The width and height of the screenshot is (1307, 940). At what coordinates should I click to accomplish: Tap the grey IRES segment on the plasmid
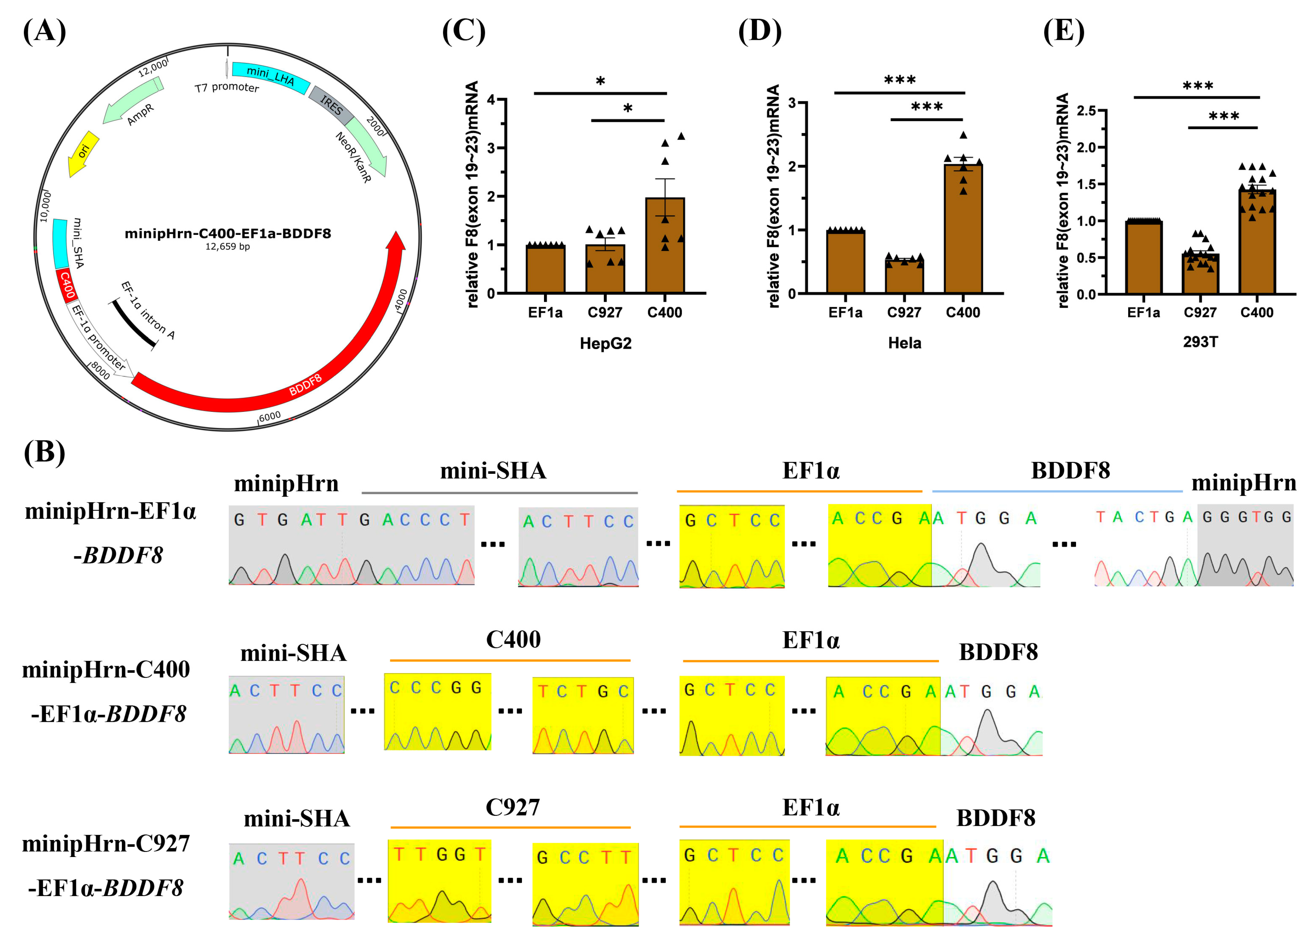[331, 105]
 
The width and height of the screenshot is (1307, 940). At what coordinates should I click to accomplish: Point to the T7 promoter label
[227, 88]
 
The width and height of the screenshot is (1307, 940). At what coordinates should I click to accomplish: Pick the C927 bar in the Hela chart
[904, 277]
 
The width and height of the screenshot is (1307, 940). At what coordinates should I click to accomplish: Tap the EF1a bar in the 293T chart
[1143, 257]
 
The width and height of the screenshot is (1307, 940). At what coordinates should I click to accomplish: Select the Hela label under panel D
[904, 344]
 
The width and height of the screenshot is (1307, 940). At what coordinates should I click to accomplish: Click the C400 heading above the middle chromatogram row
[513, 639]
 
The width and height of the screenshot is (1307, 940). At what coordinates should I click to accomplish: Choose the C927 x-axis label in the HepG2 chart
[605, 312]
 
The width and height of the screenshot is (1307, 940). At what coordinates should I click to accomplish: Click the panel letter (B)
[44, 452]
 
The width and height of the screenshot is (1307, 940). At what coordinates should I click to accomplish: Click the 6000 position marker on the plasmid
[270, 416]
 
